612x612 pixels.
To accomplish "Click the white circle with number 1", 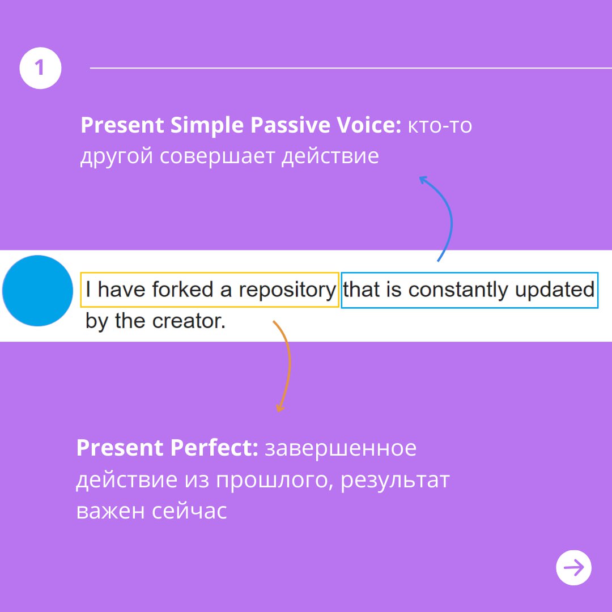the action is coord(40,68).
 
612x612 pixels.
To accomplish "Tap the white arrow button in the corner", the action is coord(573,567).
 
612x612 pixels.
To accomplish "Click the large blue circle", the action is coord(37,291).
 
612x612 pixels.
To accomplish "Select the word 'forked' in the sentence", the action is coord(182,290).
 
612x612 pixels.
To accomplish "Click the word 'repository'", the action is coord(287,290).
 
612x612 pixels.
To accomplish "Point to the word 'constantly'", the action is coord(457,290).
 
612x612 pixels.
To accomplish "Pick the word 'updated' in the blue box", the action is coord(555,290).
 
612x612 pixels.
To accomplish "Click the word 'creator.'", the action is coord(189,322).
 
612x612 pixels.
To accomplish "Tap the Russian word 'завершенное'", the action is coord(341,448).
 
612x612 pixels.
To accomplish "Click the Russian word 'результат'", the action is coord(395,481).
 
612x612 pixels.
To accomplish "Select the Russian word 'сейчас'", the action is coord(189,512).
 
